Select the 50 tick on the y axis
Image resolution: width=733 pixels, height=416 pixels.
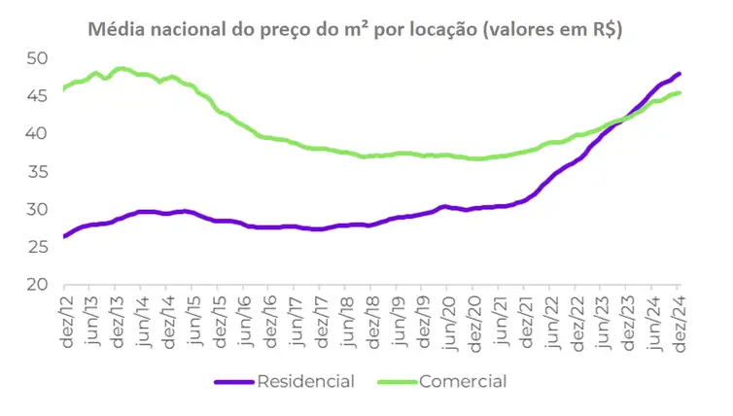(x=37, y=58)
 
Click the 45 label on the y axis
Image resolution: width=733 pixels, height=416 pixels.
(x=37, y=96)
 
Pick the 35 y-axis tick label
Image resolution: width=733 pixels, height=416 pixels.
(x=37, y=172)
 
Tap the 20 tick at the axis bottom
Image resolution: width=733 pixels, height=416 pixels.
(x=37, y=286)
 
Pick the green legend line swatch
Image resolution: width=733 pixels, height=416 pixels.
(x=395, y=381)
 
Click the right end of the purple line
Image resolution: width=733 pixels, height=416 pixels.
(x=680, y=73)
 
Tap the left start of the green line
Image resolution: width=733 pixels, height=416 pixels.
(x=63, y=89)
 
